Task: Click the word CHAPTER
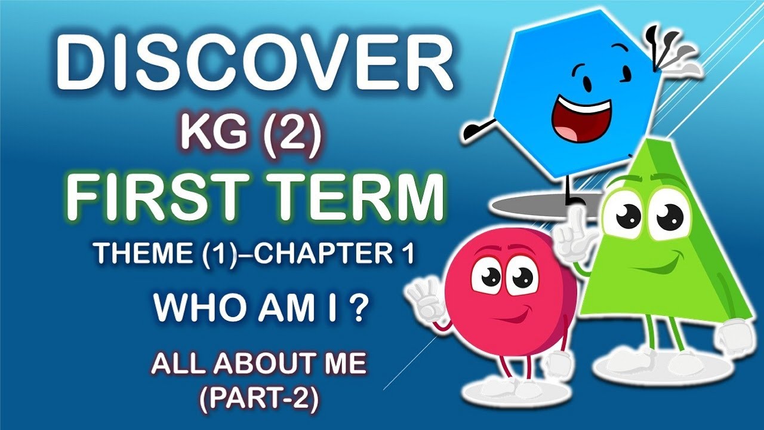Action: coord(322,255)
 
